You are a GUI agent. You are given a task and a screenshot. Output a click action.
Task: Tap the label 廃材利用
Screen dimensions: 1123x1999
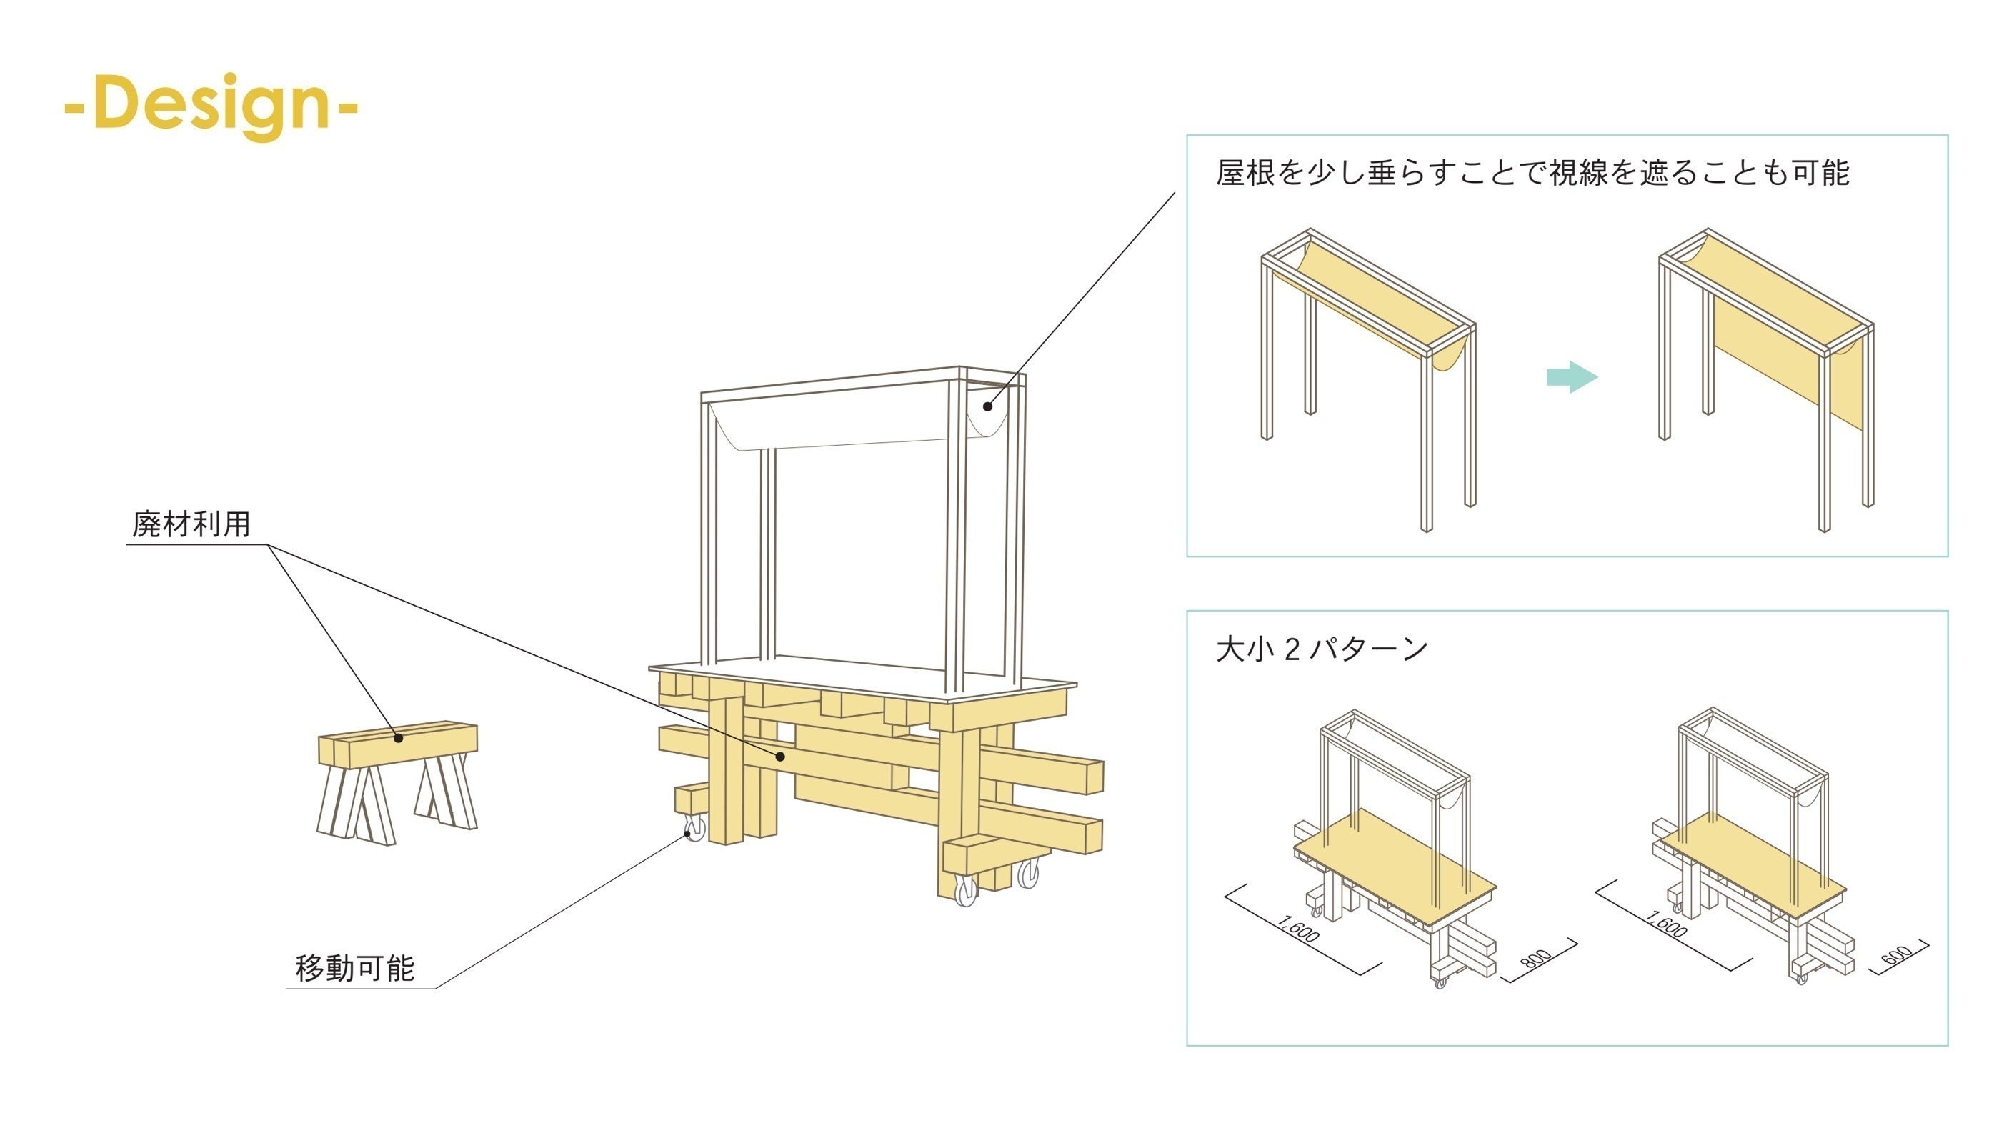[191, 524]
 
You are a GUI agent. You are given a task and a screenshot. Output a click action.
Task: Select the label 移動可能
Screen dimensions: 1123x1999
[354, 968]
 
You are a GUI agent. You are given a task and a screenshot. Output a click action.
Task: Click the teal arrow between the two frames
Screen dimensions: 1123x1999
[1572, 377]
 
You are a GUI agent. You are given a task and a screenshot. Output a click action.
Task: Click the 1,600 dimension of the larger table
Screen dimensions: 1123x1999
[1297, 929]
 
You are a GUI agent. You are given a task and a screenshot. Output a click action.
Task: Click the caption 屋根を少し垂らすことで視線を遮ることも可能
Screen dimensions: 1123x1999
[1532, 172]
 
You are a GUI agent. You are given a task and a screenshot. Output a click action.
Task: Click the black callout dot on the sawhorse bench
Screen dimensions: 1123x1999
[398, 738]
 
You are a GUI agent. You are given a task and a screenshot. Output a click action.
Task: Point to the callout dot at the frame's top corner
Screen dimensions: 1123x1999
[988, 405]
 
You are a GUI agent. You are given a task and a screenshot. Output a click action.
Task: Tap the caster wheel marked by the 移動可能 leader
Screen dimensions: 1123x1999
[694, 829]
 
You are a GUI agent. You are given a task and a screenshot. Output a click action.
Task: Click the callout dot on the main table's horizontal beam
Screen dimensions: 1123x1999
[781, 756]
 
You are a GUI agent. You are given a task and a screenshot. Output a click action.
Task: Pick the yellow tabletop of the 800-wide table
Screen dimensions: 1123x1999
[1397, 869]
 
